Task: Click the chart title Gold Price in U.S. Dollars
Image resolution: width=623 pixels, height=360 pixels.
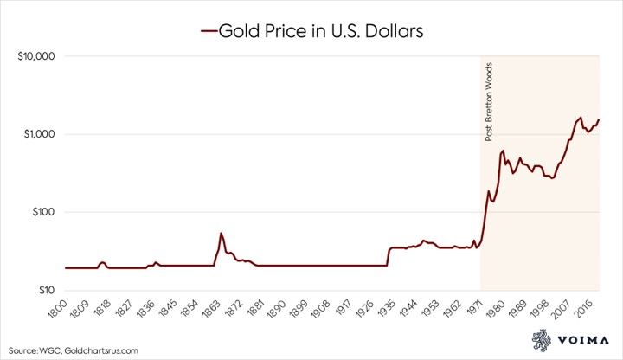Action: pos(320,32)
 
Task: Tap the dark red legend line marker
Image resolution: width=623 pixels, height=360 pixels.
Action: pos(208,33)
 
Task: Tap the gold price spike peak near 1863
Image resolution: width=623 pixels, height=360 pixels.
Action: pos(222,234)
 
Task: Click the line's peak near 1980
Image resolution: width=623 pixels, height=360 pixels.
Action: pos(503,151)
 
